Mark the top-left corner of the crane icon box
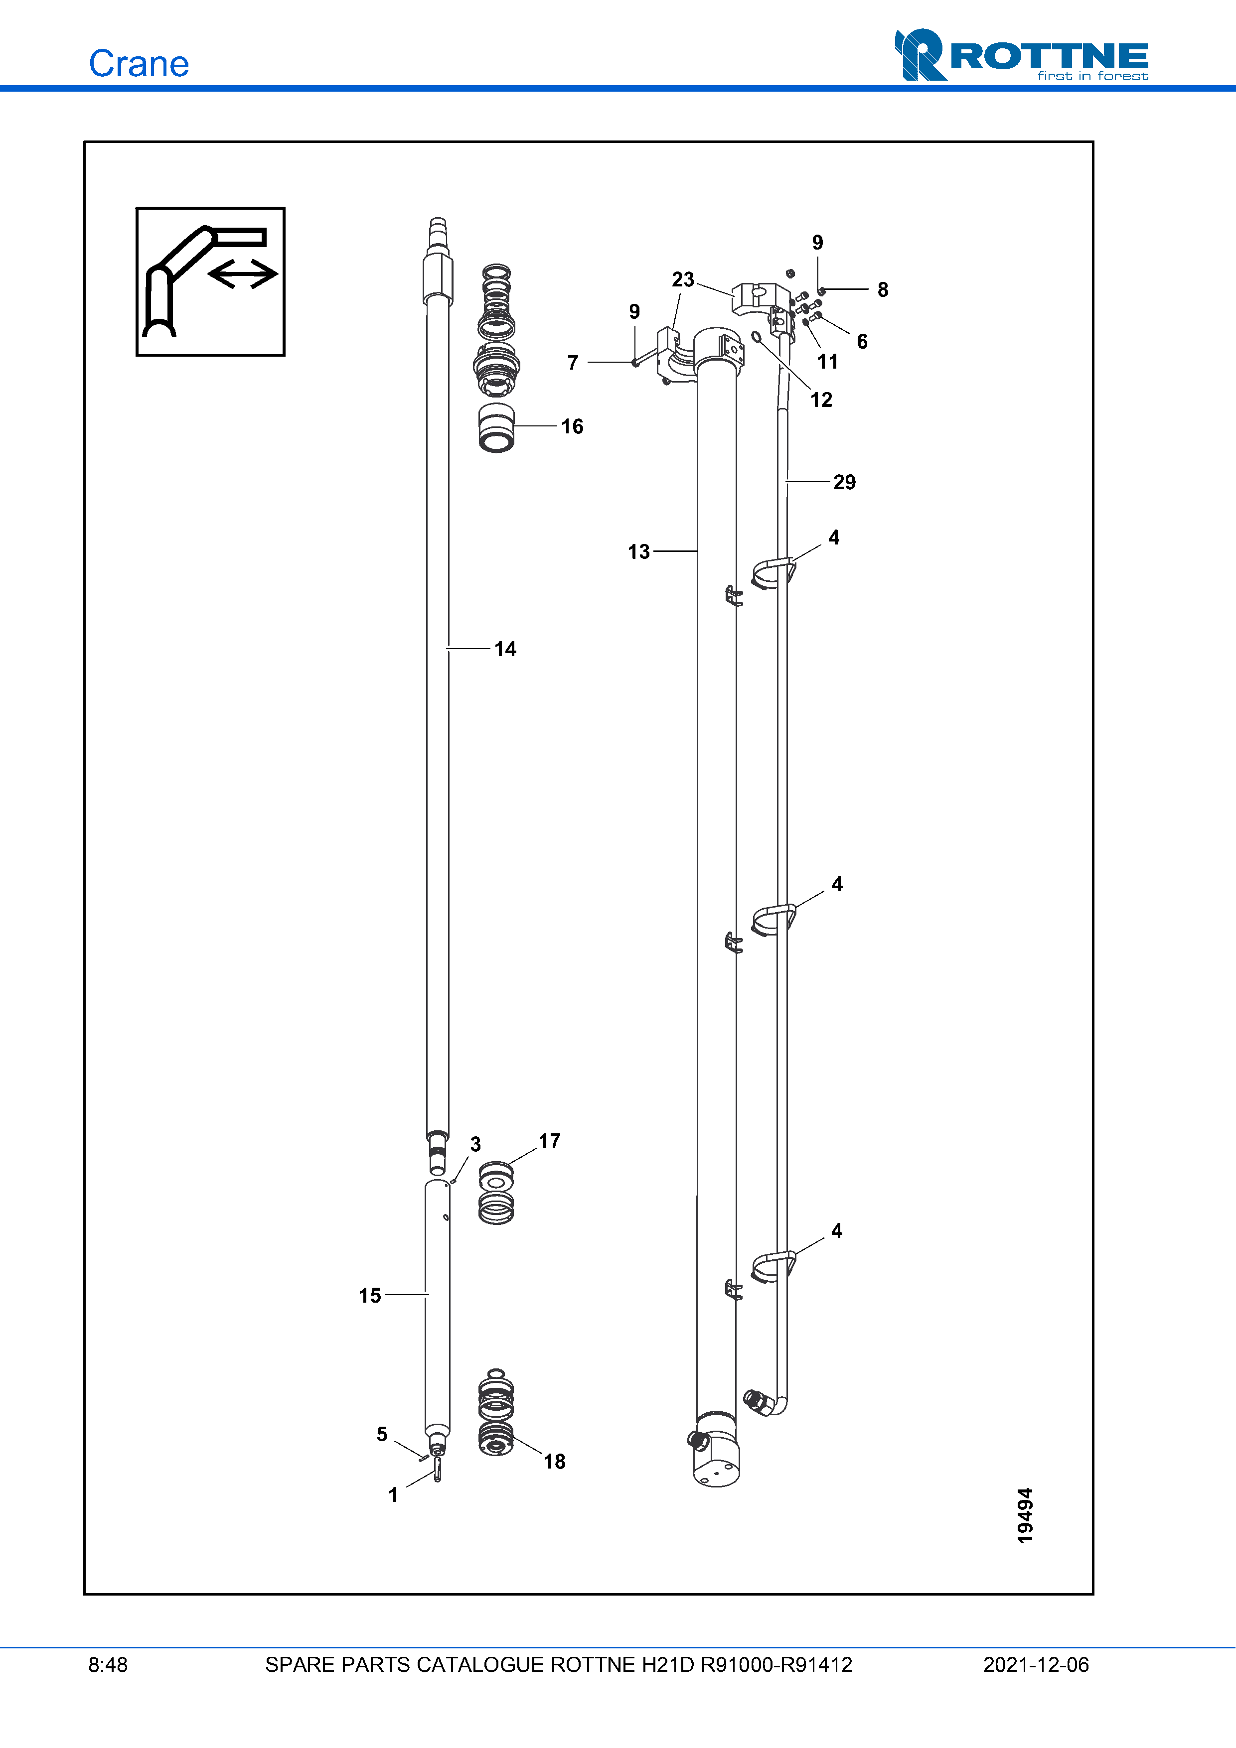tap(137, 208)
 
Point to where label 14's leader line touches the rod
tap(448, 649)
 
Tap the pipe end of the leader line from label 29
tap(786, 481)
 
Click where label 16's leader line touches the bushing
tap(514, 425)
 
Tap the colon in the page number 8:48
tap(102, 1664)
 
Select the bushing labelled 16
tap(496, 428)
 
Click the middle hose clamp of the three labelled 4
tap(773, 919)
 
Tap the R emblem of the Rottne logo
tap(920, 55)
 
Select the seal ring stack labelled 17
tap(496, 1192)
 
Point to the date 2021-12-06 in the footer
tap(1036, 1664)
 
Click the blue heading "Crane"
tap(139, 63)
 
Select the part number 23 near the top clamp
tap(683, 279)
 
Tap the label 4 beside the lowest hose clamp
tap(837, 1230)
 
